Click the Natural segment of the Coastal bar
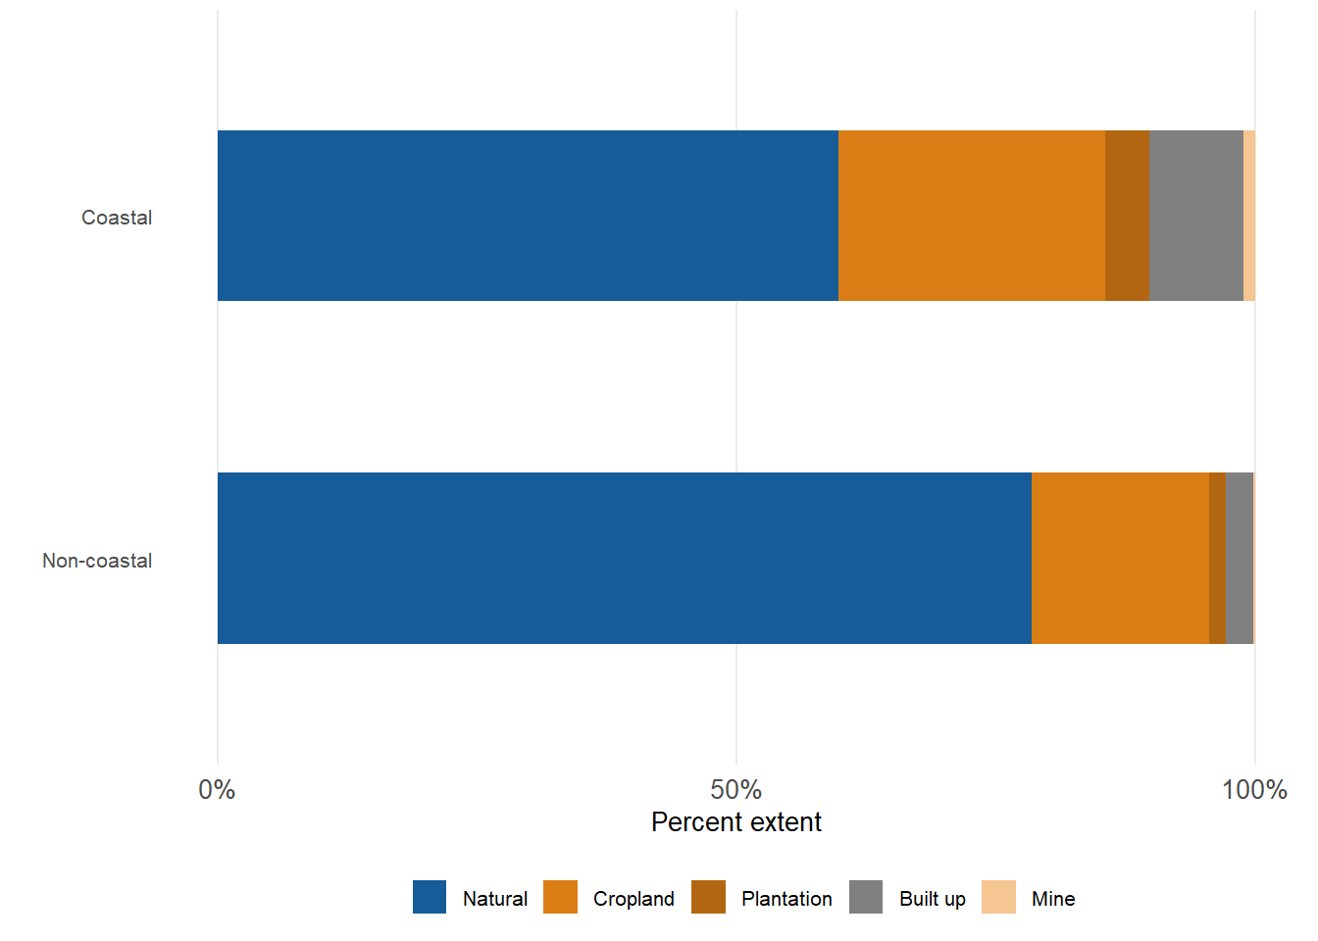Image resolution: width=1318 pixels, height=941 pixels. [x=528, y=216]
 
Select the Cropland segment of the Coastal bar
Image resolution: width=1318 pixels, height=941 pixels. [x=972, y=216]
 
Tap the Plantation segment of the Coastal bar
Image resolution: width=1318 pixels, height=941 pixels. [x=1127, y=216]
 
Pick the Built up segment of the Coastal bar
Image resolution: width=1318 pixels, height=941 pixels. [x=1195, y=216]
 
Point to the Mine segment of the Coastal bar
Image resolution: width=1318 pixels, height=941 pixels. [x=1249, y=216]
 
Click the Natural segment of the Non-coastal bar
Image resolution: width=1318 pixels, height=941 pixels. [x=624, y=558]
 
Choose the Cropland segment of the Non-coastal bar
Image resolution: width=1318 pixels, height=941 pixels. [x=1120, y=558]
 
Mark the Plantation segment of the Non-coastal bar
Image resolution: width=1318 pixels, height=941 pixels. [x=1217, y=558]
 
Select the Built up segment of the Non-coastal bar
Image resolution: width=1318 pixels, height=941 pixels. [x=1239, y=558]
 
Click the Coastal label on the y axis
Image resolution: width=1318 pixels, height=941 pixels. [x=117, y=218]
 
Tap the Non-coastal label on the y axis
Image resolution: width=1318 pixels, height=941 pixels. [x=97, y=561]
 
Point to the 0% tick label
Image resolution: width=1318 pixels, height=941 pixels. [x=217, y=790]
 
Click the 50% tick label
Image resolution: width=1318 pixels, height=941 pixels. [x=735, y=790]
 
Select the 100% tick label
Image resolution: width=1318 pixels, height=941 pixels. [x=1254, y=790]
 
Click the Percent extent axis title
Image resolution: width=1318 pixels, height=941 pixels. [x=735, y=822]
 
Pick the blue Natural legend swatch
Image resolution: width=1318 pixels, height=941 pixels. [x=430, y=897]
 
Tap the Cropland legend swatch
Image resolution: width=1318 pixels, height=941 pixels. [x=560, y=897]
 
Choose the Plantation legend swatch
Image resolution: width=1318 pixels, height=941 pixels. [x=708, y=897]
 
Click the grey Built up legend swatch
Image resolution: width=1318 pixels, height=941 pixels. [x=866, y=897]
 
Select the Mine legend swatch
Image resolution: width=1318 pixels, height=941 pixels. [x=998, y=897]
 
